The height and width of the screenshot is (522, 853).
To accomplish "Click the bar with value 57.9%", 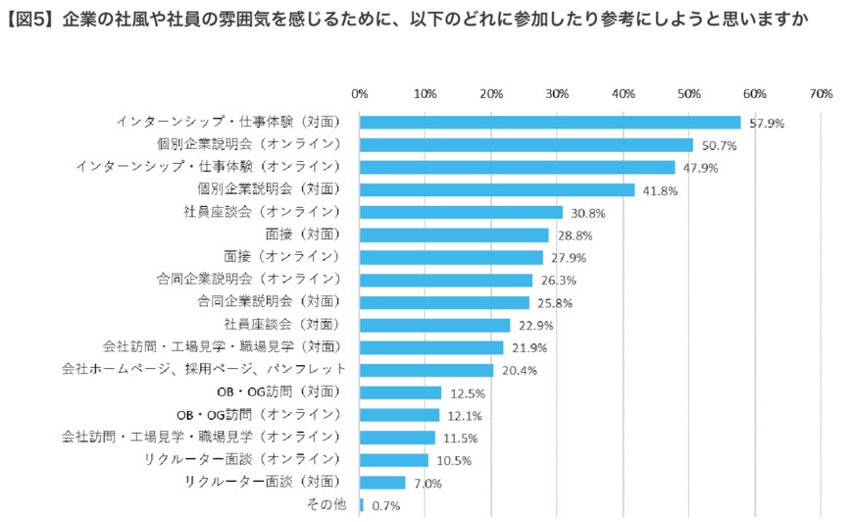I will click(549, 123).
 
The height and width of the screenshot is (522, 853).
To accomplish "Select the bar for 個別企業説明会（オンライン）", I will click(526, 145).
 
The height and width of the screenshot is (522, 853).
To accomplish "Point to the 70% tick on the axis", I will click(820, 94).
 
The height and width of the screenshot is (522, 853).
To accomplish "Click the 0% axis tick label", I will click(360, 94).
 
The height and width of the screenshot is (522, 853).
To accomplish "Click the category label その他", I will click(326, 504).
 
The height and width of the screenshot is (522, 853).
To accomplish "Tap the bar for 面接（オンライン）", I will click(451, 257).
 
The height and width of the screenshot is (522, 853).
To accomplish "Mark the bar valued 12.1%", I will click(399, 415).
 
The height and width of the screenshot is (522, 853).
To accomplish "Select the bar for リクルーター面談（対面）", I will click(382, 483).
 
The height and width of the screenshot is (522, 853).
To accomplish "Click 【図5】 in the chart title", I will click(30, 19).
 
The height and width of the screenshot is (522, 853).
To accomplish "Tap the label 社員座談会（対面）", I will click(281, 324).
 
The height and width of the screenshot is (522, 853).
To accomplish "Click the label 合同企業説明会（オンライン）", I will click(248, 280).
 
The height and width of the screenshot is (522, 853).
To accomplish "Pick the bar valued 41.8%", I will click(497, 190).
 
